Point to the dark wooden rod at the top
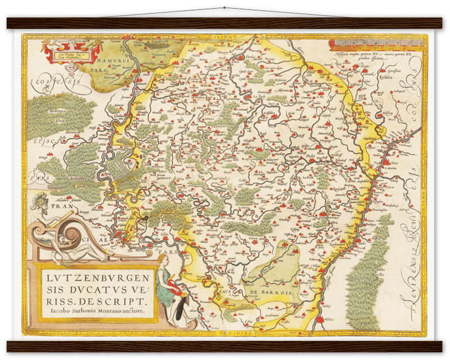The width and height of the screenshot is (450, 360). (225, 22)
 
